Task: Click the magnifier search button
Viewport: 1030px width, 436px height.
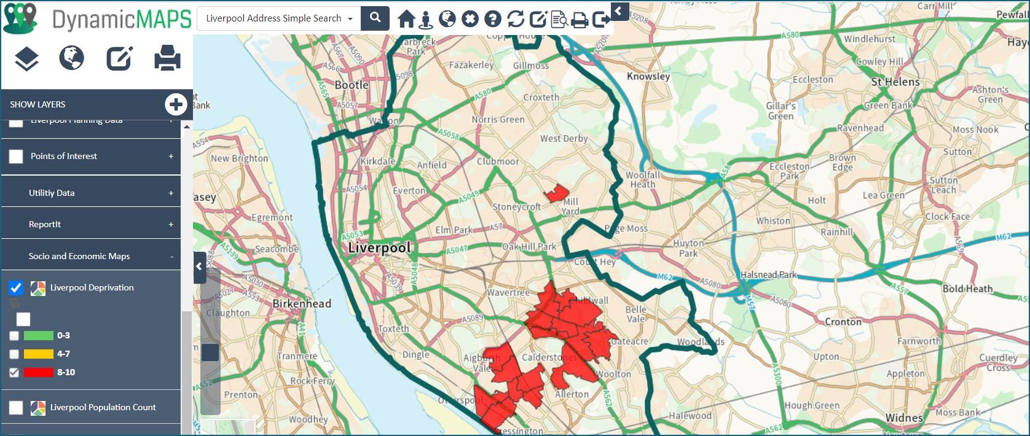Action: point(375,18)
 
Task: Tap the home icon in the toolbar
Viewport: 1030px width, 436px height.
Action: point(406,18)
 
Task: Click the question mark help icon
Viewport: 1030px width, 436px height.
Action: point(493,19)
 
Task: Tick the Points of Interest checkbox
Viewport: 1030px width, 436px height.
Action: point(16,157)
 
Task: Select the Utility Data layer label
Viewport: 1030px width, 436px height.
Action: point(52,193)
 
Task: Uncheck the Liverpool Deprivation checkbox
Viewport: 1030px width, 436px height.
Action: point(16,287)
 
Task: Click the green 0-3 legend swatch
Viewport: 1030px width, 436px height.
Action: point(39,336)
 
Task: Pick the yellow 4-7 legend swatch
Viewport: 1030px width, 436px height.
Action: point(39,354)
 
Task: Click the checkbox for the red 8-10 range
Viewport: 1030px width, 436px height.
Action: point(14,372)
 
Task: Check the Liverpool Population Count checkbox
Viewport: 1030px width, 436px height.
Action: point(16,408)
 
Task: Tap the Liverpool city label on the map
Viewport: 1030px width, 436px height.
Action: point(379,248)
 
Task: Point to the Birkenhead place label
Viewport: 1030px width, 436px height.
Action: point(302,303)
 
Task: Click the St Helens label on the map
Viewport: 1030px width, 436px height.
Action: point(895,82)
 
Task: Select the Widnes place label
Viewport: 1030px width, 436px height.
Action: point(904,418)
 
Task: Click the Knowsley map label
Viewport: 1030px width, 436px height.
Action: point(648,76)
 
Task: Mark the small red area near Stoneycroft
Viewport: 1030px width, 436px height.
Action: point(557,194)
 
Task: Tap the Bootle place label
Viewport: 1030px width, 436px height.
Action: point(352,85)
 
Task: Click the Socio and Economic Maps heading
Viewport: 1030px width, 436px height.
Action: point(79,256)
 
